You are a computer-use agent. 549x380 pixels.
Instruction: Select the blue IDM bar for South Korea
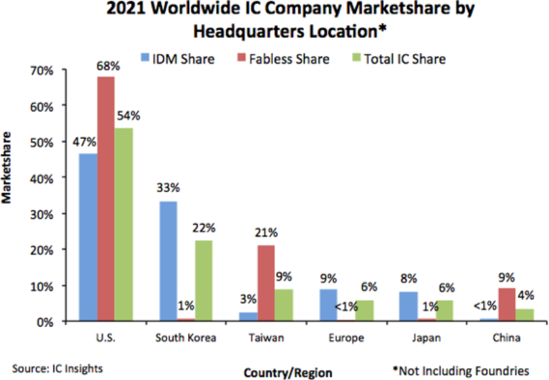coord(168,261)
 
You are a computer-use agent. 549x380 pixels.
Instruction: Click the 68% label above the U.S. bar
coord(106,66)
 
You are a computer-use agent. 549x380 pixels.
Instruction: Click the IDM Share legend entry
coord(177,59)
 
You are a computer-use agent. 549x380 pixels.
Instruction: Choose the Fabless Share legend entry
coord(283,59)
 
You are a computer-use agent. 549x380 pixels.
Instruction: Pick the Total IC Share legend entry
coord(398,59)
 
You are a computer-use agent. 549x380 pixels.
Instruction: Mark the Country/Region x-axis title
coord(288,372)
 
